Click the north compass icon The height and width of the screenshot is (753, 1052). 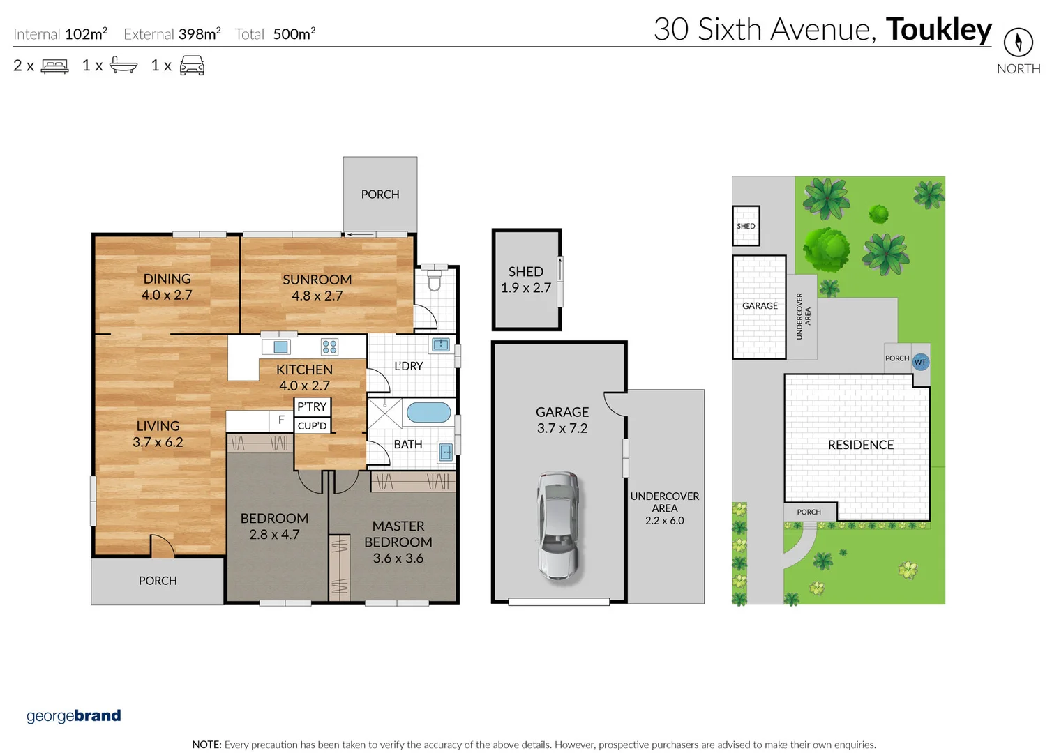coord(1018,43)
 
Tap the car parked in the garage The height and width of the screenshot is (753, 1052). coord(557,526)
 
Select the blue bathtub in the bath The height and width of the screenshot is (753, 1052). coord(428,412)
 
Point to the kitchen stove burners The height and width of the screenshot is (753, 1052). coord(329,347)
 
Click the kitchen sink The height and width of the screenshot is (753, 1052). coord(280,347)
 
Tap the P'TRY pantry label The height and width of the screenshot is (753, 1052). coord(312,406)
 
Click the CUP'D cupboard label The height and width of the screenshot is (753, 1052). coord(312,425)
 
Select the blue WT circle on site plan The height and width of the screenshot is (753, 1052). coord(920,362)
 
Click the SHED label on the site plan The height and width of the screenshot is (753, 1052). coord(746,226)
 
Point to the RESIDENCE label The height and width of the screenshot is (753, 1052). coord(860,445)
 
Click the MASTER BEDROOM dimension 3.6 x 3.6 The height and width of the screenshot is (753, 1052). coord(398,558)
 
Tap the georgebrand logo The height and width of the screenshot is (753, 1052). coord(73,716)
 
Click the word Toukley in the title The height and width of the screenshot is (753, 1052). coord(938,29)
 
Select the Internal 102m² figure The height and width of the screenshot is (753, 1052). coord(86,33)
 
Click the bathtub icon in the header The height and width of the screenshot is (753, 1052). coord(123,66)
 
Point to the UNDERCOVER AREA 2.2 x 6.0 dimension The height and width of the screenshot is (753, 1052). coord(664,520)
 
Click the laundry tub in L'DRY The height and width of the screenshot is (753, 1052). coord(440,344)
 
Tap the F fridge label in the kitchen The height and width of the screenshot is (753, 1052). coord(281,420)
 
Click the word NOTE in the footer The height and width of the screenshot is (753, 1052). coord(206,745)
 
